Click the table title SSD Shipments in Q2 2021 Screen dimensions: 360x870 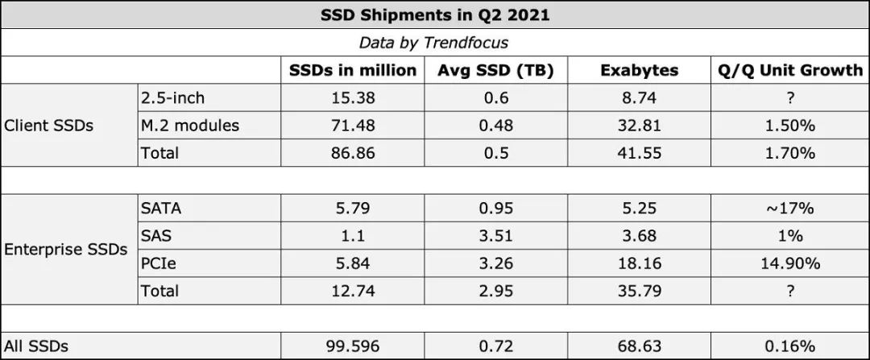(434, 14)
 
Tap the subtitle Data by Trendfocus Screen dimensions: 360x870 (434, 42)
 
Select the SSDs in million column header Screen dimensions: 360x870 (353, 70)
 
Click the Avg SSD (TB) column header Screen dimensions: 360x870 (495, 70)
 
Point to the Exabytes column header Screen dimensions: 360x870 (639, 70)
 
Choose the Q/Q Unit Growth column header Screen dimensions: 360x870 (790, 70)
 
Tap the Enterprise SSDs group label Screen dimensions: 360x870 (65, 250)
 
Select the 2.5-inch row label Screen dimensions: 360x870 (173, 97)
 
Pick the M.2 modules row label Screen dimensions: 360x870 (190, 126)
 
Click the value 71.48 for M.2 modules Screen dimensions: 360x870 (353, 126)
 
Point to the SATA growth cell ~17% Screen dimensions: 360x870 (790, 209)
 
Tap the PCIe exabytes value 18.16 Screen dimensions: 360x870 (639, 263)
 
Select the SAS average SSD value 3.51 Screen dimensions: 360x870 (495, 236)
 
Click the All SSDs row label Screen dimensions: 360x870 (36, 346)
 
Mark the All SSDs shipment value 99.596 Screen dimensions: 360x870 (353, 346)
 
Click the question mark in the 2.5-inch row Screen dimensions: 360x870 (790, 97)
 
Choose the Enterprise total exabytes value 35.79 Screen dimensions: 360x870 (639, 291)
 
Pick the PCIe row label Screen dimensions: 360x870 (158, 263)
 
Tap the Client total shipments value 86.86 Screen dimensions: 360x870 (353, 153)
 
